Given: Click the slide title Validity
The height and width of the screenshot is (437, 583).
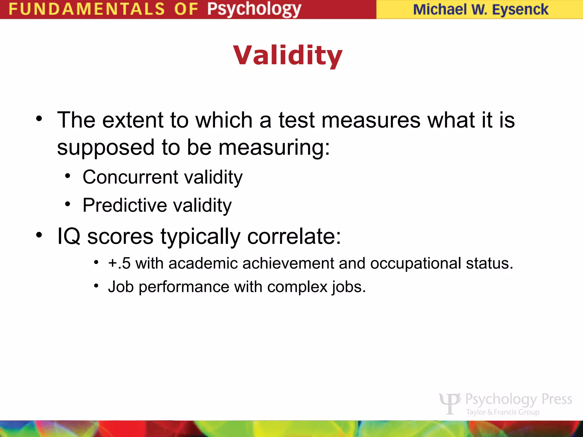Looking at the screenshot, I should (288, 55).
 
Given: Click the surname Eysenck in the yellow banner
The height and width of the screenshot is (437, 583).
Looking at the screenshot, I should (520, 10).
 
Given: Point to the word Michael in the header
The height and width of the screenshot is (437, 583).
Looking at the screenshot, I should (440, 10).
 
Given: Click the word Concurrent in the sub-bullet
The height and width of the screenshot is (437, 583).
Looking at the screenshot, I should (130, 177).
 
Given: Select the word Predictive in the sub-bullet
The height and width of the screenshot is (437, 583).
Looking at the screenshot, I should (125, 205).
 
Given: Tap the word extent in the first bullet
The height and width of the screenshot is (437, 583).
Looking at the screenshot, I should (133, 120).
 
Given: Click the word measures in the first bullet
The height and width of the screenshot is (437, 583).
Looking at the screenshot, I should (371, 120).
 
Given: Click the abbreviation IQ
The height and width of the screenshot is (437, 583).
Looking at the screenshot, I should (69, 236).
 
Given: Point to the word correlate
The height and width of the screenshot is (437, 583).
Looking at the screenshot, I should (293, 236).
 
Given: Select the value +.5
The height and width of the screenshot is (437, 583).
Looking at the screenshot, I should (119, 263).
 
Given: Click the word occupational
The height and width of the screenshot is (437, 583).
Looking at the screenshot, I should (415, 264).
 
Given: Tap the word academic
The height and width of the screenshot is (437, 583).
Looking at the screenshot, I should (203, 263).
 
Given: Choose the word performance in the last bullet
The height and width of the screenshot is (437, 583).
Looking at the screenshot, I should (184, 287).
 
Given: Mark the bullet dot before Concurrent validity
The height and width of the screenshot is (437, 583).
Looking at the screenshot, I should (67, 176).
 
